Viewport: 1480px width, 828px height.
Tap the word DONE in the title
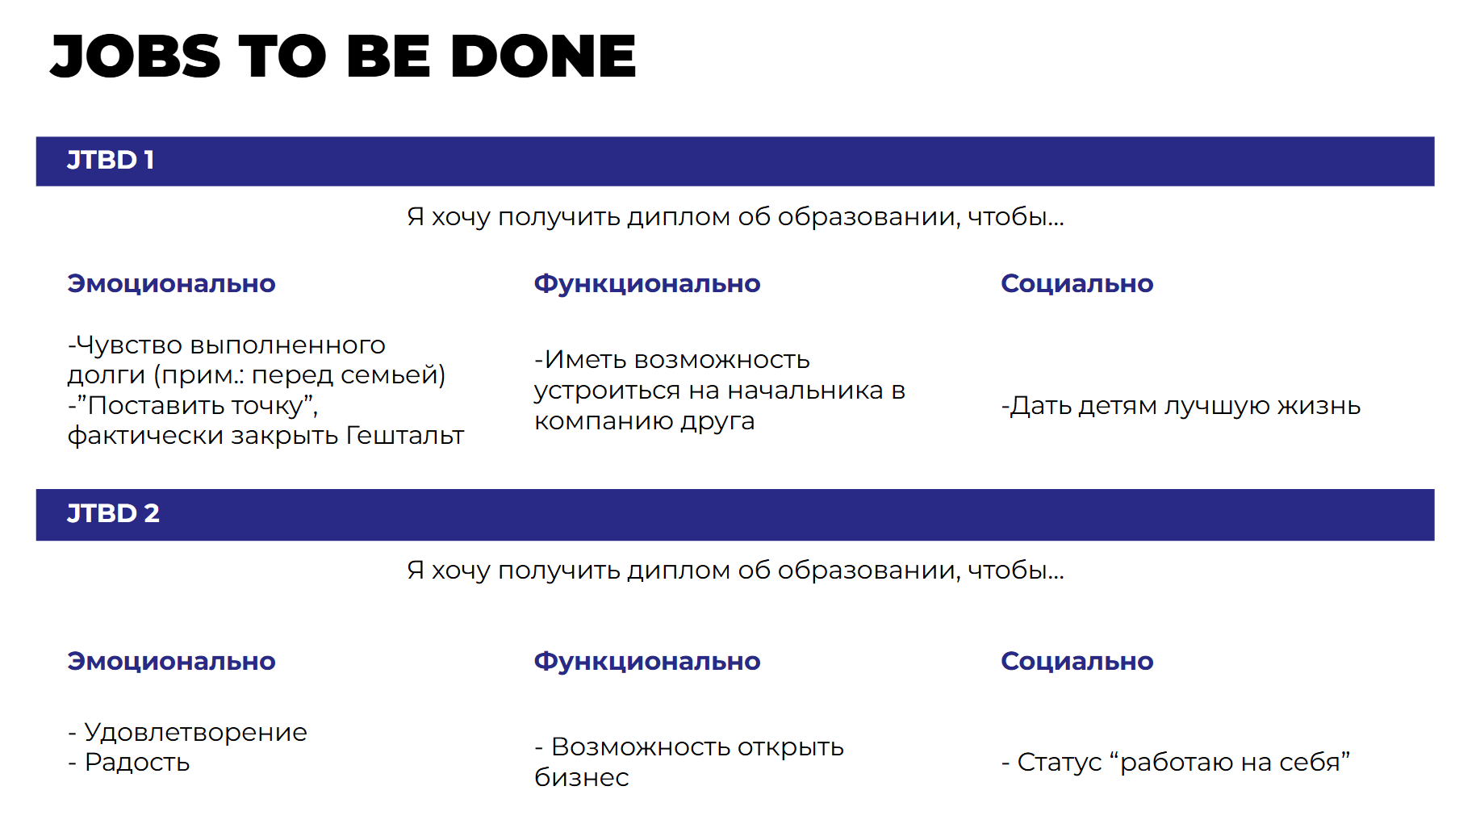coord(543,56)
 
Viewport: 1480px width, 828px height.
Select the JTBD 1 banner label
coord(111,160)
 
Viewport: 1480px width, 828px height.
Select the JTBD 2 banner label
coord(113,513)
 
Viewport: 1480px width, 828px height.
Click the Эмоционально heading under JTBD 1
coord(171,284)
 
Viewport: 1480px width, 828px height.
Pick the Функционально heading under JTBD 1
coord(647,284)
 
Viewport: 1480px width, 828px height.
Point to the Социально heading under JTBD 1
coord(1077,284)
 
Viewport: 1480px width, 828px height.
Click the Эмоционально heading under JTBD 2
coord(171,662)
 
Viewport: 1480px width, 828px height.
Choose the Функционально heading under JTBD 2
coord(647,662)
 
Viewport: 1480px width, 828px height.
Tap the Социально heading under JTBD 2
coord(1077,662)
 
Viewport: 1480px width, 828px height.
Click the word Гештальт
coord(405,436)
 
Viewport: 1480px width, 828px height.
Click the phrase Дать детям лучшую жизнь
coord(1185,406)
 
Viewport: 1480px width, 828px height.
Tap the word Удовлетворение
coord(196,733)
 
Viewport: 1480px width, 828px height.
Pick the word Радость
coord(137,763)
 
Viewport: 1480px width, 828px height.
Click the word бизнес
coord(582,777)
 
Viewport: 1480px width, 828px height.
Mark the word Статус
coord(1060,762)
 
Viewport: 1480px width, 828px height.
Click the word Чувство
coord(129,345)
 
